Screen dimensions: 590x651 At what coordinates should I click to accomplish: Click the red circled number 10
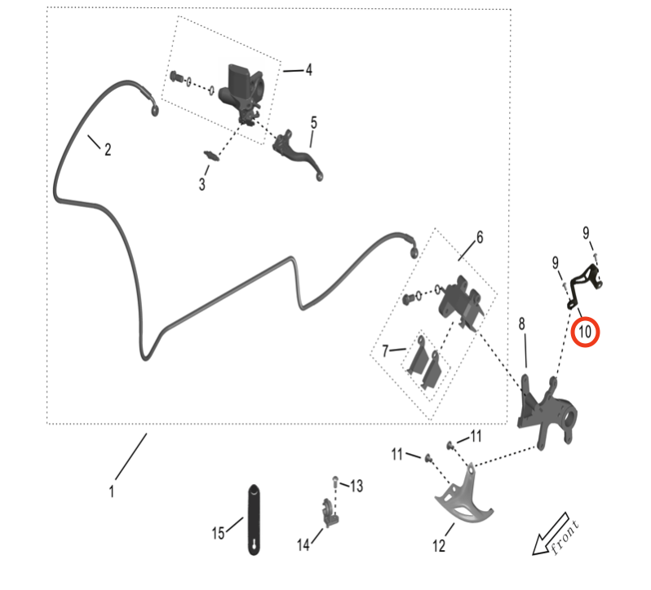coord(585,332)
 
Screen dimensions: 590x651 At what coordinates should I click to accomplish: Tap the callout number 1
coord(111,491)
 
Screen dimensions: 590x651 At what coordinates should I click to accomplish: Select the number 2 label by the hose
coord(107,149)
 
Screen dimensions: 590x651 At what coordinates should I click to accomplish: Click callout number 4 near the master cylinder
coord(308,70)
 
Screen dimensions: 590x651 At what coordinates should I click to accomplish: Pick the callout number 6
coord(479,237)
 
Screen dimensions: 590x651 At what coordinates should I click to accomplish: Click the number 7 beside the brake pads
coord(386,351)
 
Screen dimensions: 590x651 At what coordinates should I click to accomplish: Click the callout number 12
coord(439,546)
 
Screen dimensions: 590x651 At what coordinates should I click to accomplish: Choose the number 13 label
coord(356,487)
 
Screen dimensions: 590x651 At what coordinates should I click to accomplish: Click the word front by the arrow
coord(565,537)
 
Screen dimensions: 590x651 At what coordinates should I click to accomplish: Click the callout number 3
coord(201,184)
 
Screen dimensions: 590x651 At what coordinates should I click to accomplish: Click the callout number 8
coord(522,324)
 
